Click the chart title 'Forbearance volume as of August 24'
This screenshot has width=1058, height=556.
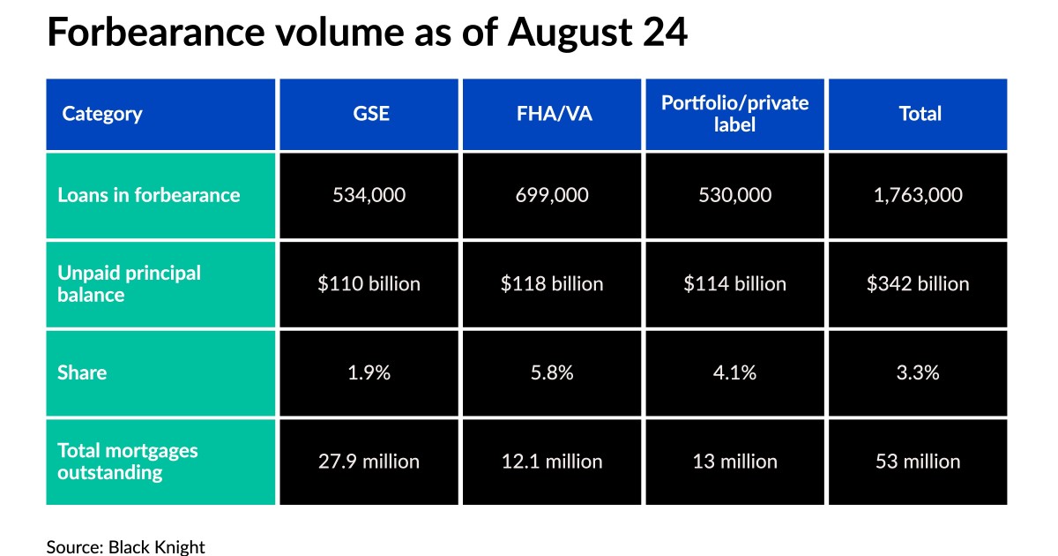click(367, 34)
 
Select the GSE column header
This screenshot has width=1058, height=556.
click(369, 114)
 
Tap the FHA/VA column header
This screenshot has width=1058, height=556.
click(552, 114)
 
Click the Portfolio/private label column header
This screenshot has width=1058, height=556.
click(734, 114)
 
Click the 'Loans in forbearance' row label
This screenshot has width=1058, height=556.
click(148, 195)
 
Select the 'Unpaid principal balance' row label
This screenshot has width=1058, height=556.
click(130, 283)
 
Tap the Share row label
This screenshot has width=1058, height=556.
click(82, 372)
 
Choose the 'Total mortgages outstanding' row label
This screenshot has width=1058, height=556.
click(128, 461)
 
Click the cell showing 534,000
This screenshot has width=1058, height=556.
click(369, 195)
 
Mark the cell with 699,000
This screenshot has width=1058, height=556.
click(552, 195)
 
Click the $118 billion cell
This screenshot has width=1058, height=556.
click(552, 283)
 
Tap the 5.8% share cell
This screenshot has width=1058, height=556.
click(552, 372)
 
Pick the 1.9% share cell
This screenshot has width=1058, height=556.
click(369, 372)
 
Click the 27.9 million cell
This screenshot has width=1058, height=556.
click(369, 461)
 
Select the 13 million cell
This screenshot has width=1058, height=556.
click(734, 461)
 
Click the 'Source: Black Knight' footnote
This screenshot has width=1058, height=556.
click(125, 547)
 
